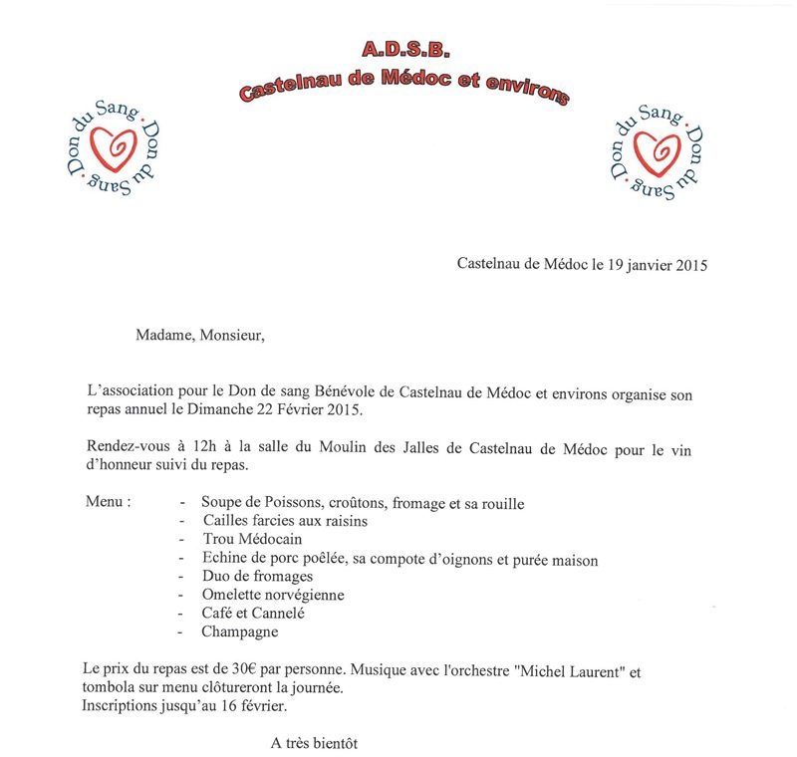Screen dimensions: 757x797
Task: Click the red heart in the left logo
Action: coord(112,150)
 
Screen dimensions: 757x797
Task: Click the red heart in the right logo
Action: coord(656,151)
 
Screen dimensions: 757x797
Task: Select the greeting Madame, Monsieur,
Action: coord(200,335)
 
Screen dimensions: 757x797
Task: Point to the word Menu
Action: coord(109,501)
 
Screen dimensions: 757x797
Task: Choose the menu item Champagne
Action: coord(239,631)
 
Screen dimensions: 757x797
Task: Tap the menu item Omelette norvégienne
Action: coord(259,595)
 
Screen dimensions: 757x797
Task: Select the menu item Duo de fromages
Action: coord(257,576)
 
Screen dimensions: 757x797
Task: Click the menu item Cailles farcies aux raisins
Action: coord(271,520)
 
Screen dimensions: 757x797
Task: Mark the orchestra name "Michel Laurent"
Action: coord(561,671)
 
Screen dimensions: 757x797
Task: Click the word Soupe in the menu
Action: coord(221,503)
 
